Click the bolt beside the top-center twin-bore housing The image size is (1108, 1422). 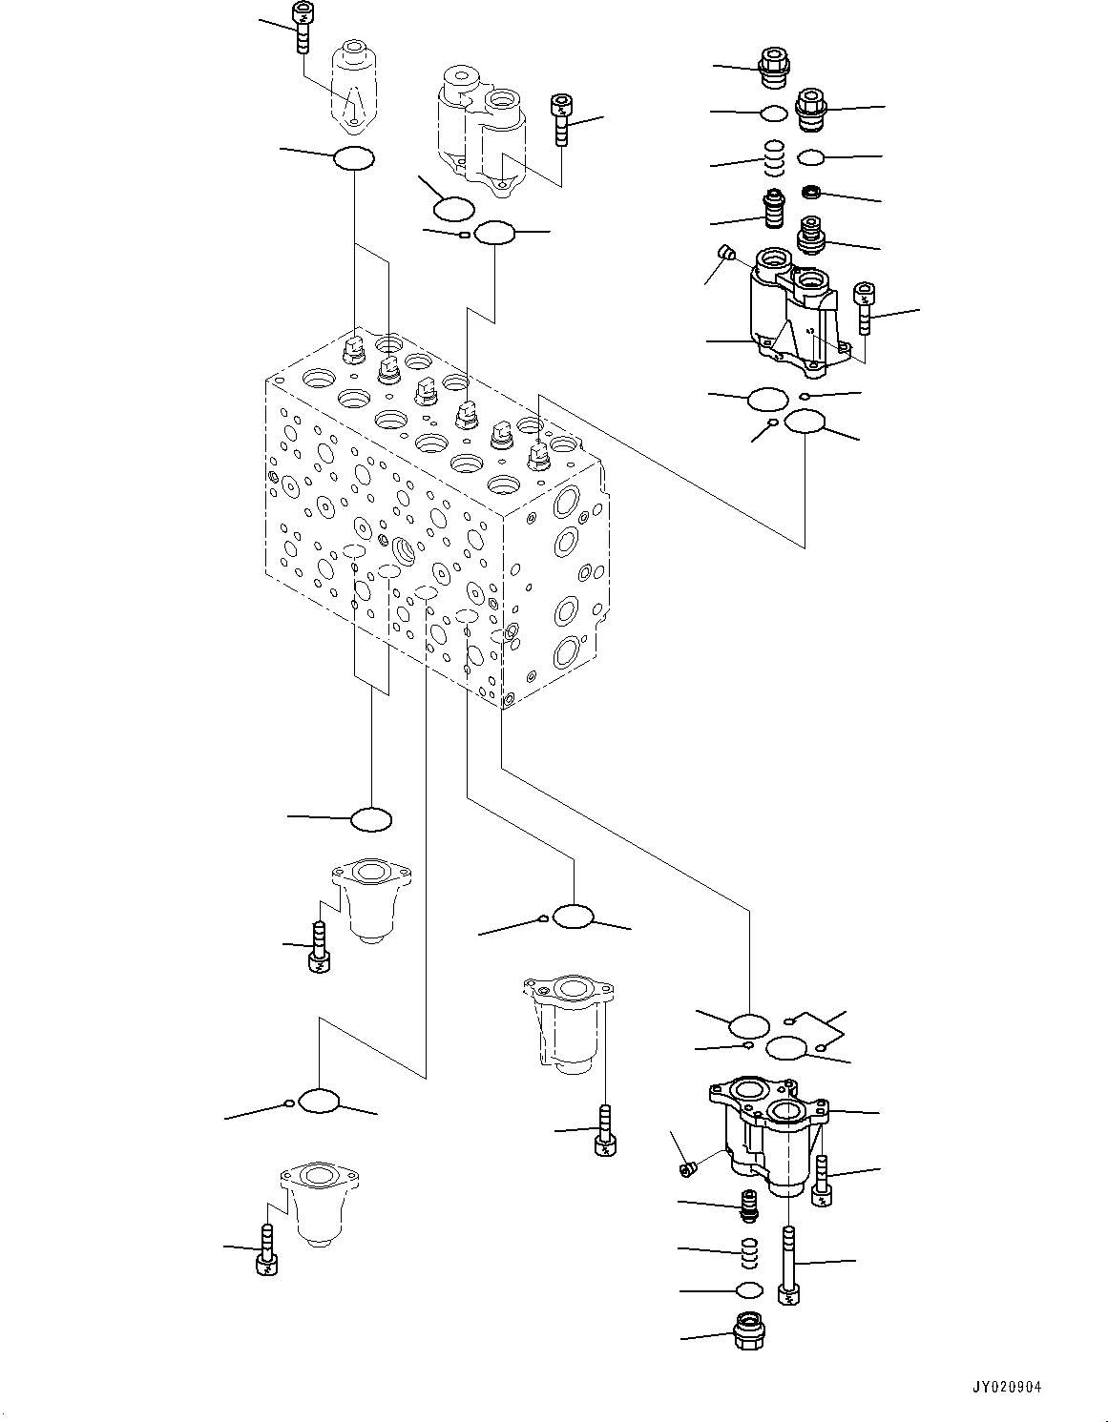click(561, 119)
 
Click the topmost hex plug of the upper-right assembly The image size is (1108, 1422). click(772, 63)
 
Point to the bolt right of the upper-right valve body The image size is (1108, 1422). click(865, 307)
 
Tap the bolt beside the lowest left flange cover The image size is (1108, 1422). click(267, 1251)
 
